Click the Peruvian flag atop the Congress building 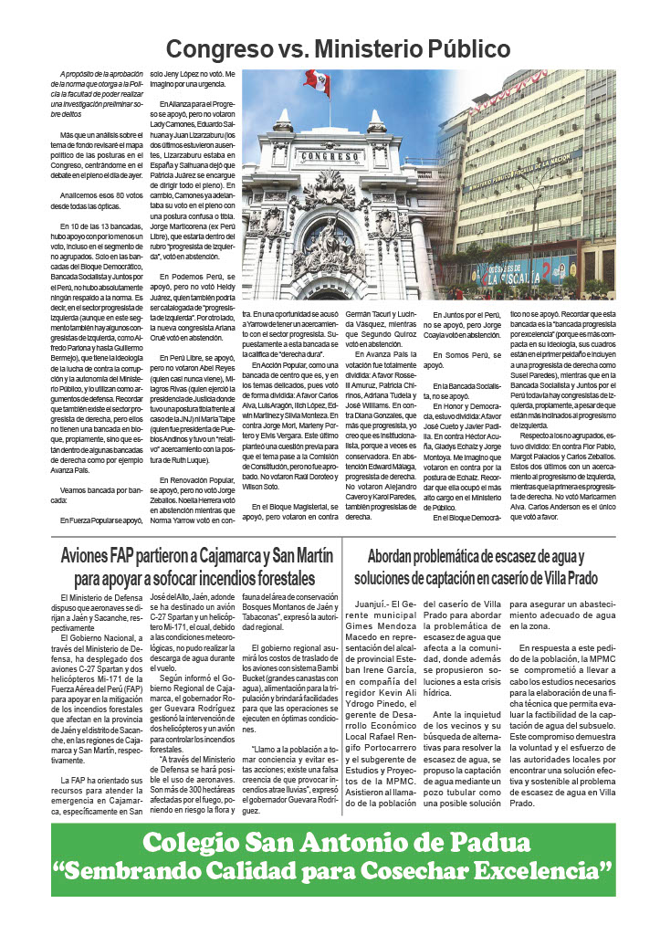317,82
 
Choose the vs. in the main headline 313,49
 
